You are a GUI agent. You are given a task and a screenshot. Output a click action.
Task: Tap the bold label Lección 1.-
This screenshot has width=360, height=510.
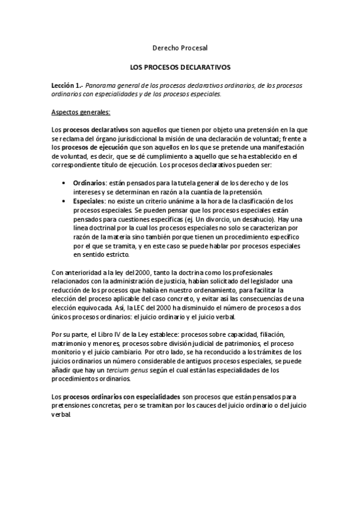click(66, 86)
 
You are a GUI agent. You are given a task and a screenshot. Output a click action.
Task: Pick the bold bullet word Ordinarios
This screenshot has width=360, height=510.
click(89, 182)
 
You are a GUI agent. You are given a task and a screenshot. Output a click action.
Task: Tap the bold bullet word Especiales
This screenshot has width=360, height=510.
click(88, 200)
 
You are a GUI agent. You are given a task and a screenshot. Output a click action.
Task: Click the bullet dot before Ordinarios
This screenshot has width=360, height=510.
click(65, 182)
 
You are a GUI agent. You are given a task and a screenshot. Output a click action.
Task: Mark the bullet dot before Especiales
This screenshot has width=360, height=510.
click(65, 200)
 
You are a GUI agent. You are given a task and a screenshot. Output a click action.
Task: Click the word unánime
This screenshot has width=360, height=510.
click(171, 200)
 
